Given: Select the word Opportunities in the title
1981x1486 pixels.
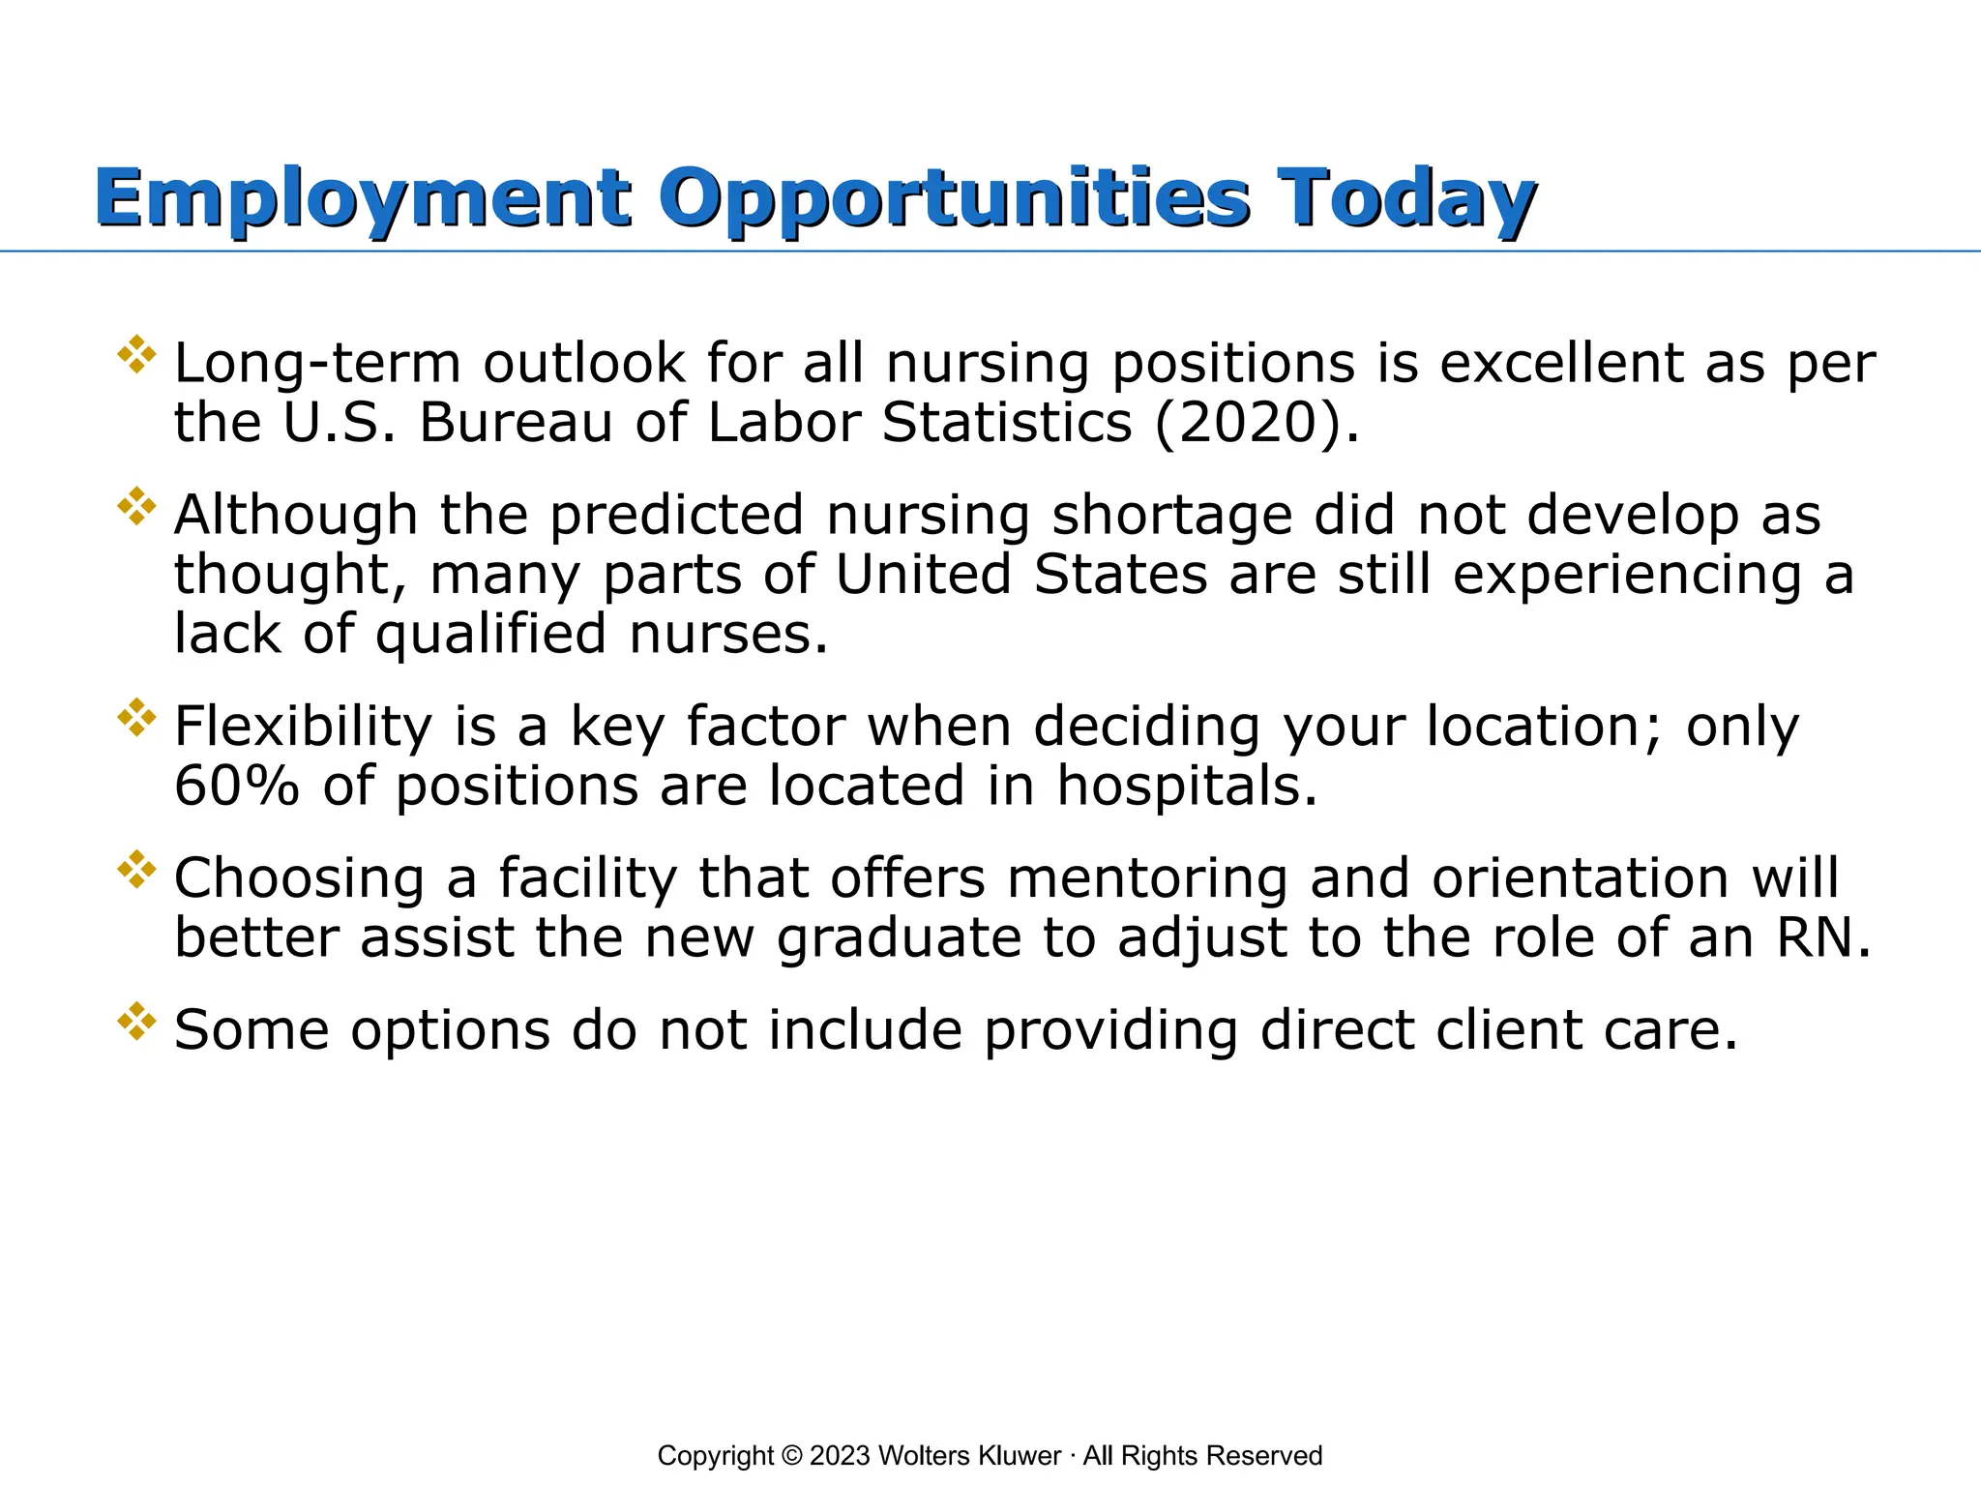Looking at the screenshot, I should pos(954,198).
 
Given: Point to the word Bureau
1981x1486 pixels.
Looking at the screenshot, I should pos(516,423).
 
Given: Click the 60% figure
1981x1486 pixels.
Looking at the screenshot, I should pos(236,785).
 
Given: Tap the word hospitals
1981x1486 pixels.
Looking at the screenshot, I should pos(1187,785).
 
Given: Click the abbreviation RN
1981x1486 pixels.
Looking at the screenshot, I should pos(1822,937).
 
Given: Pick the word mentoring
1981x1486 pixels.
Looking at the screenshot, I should pos(1147,878).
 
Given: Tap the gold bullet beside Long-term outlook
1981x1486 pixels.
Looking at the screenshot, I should pos(136,354).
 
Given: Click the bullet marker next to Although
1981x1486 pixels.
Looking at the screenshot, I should pos(136,506).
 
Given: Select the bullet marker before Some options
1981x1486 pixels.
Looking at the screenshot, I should pos(136,1021).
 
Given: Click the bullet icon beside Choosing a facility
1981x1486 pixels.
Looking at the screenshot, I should pos(136,869).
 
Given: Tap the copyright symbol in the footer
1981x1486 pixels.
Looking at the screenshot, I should pos(791,1456).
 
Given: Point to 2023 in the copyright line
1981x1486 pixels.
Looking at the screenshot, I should pos(841,1456).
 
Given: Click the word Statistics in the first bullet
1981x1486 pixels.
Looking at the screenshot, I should pos(1007,423).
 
